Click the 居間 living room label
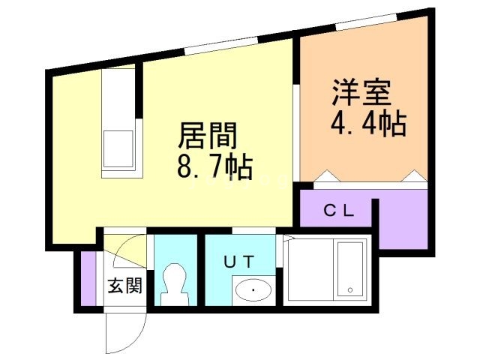tap(208, 136)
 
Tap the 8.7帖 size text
tap(214, 166)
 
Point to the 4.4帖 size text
tap(368, 122)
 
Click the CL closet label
tap(337, 210)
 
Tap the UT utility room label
tap(240, 261)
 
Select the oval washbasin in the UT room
tap(253, 289)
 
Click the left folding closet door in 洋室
tap(328, 177)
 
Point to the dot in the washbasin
tap(253, 289)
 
